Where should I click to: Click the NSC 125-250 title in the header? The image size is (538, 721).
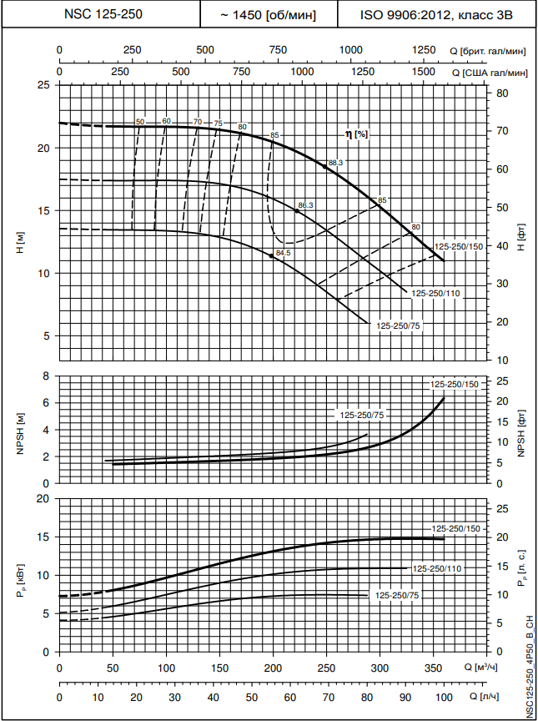click(100, 15)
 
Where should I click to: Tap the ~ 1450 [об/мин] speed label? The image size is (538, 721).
click(268, 15)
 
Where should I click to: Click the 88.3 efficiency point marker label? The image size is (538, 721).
click(336, 163)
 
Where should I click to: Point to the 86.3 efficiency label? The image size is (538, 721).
click(305, 205)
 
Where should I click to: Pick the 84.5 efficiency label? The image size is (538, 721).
click(283, 253)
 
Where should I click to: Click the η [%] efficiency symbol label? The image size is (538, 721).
click(356, 134)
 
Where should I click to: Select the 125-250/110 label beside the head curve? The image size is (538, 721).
click(435, 293)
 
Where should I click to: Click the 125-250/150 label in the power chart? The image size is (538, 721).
click(455, 529)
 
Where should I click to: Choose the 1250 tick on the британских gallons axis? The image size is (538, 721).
click(425, 51)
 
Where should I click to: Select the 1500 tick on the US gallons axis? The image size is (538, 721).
click(424, 73)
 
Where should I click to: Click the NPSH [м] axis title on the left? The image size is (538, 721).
click(20, 430)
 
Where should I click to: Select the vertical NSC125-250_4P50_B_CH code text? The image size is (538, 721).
click(530, 665)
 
